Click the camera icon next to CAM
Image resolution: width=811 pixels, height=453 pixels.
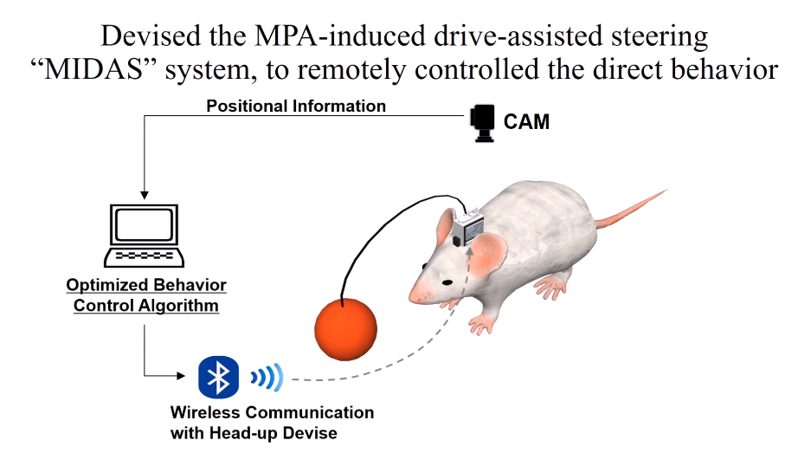(483, 123)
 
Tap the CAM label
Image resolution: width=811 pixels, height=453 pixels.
(526, 121)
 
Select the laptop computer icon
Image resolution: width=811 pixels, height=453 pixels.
(145, 236)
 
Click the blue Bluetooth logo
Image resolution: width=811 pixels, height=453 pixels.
(218, 377)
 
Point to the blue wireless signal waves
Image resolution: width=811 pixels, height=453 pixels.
(267, 378)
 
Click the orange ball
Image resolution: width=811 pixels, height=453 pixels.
(345, 329)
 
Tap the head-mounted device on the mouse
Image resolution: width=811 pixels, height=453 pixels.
(468, 226)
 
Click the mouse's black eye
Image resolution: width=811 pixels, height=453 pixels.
(447, 282)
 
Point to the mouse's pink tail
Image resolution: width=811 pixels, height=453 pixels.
(631, 210)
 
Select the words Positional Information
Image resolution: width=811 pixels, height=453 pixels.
(296, 107)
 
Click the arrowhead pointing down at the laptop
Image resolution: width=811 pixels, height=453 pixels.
(145, 195)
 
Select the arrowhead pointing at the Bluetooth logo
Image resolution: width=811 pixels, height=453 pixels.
(181, 376)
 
